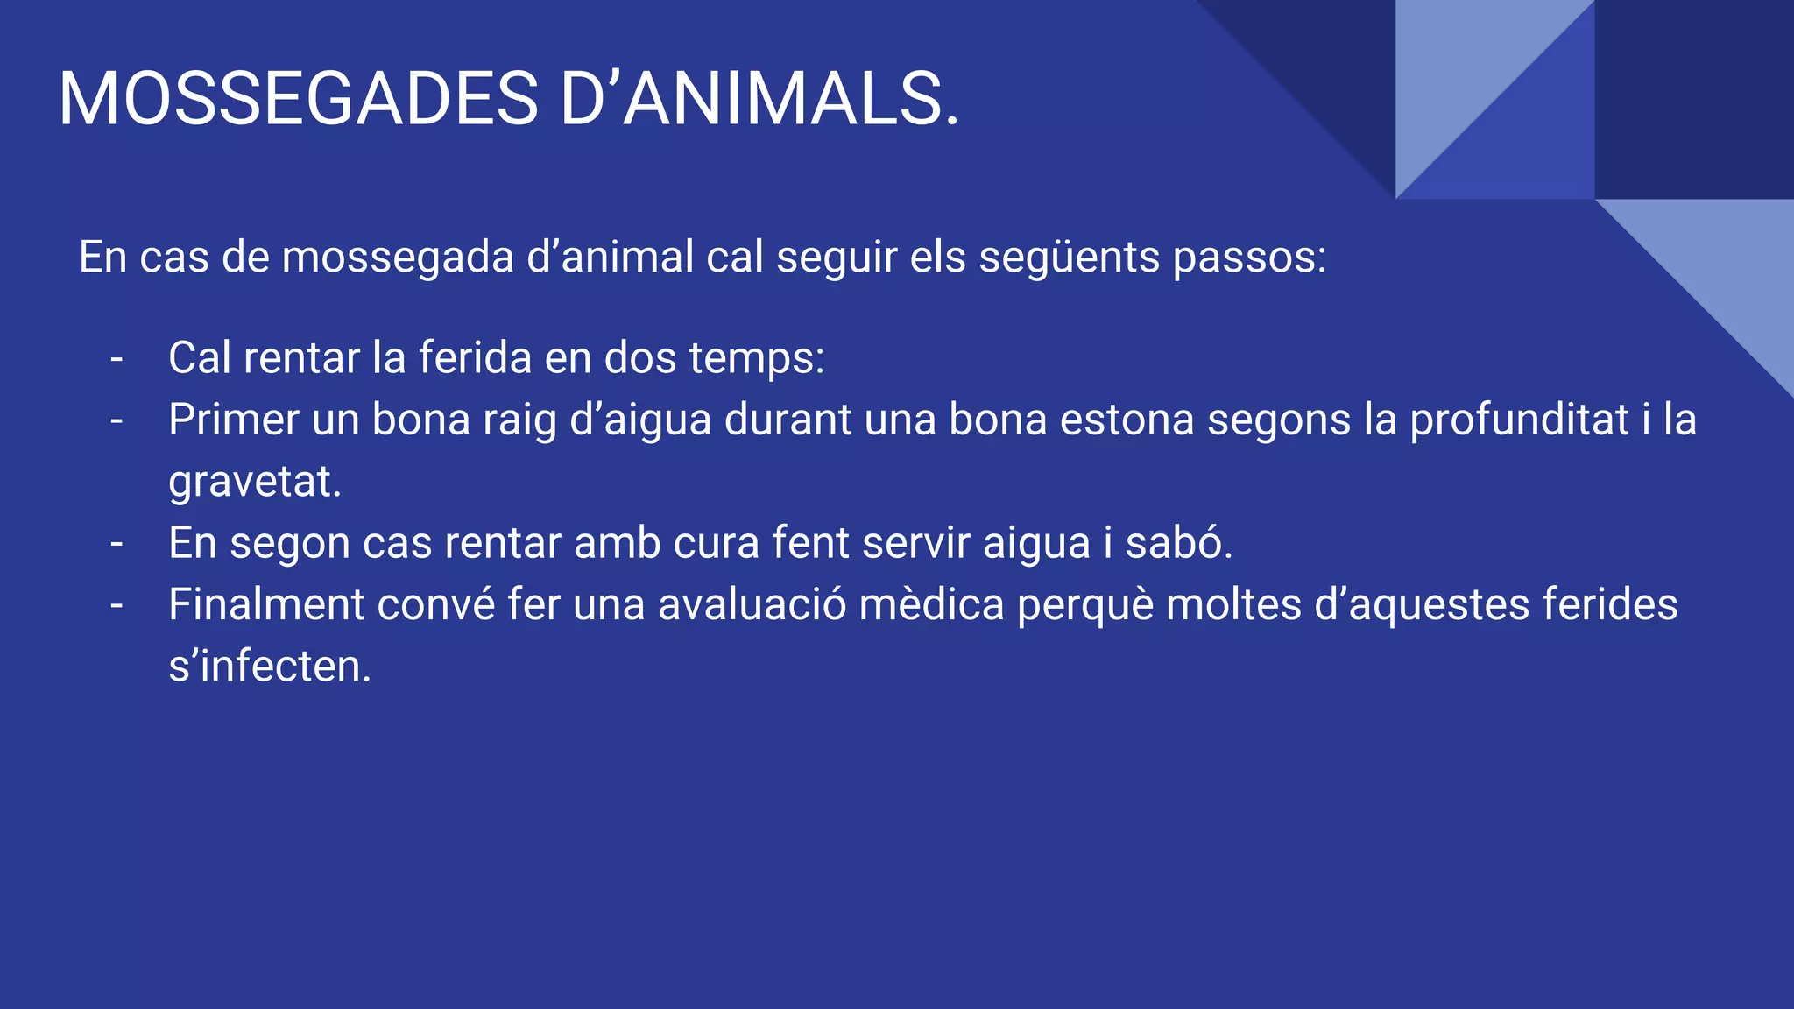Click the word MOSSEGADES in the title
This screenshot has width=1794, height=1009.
click(x=298, y=99)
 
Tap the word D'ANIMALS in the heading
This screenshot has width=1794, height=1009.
click(x=759, y=99)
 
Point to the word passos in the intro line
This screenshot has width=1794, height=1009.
click(x=1249, y=258)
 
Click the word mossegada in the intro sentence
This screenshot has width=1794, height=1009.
click(x=398, y=258)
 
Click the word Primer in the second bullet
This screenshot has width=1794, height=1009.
click(x=233, y=420)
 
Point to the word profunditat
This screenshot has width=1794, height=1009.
click(x=1519, y=420)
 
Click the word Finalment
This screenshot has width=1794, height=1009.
click(x=266, y=605)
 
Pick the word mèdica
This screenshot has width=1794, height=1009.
click(x=931, y=605)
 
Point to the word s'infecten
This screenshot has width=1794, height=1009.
click(x=270, y=667)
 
